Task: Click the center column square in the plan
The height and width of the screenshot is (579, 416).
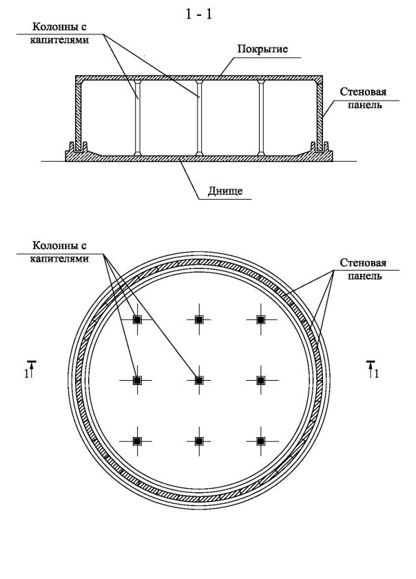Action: [198, 379]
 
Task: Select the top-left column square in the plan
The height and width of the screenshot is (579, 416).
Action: [137, 319]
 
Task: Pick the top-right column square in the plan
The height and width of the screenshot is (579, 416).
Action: [260, 319]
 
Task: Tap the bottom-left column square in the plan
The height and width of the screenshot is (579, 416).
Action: [137, 440]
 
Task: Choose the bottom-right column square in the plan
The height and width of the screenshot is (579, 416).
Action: [260, 440]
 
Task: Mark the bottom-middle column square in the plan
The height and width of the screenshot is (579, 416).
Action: [198, 440]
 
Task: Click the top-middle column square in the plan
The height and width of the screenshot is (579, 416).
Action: [198, 319]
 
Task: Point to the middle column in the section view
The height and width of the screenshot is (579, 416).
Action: [198, 117]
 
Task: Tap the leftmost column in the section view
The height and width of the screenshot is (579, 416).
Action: [137, 117]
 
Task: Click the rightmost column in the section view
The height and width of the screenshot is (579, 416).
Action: [260, 117]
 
